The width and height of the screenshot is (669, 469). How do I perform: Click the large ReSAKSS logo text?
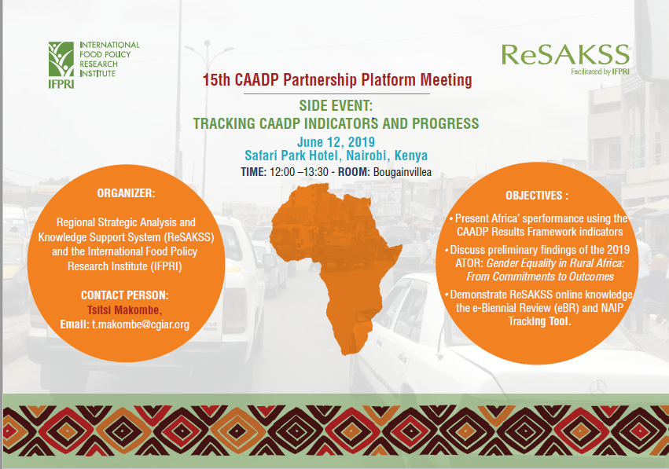565,54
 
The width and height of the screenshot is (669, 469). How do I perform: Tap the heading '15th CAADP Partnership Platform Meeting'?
337,79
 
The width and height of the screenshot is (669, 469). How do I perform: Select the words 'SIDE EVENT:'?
336,105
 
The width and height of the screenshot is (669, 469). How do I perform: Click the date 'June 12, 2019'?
336,141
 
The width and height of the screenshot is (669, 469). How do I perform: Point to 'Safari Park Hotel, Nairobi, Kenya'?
336,156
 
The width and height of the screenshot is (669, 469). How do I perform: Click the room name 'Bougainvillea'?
403,172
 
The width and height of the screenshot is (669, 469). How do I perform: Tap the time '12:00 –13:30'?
299,172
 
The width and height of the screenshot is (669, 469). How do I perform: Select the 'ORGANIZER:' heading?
127,193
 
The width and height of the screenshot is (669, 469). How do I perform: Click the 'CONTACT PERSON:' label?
124,295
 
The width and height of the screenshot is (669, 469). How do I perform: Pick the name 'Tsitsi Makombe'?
123,310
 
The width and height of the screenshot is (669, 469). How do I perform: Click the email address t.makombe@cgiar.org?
141,324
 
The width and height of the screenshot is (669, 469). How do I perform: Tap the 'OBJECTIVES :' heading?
537,196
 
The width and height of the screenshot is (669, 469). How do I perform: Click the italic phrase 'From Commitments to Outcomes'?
540,277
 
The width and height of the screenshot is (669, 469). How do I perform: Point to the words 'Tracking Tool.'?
540,321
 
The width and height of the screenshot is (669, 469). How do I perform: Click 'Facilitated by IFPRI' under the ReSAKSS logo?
601,71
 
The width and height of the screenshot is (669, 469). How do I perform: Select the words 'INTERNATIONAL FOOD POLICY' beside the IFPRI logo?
109,49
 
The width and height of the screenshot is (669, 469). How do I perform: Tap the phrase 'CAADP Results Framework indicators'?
540,232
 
